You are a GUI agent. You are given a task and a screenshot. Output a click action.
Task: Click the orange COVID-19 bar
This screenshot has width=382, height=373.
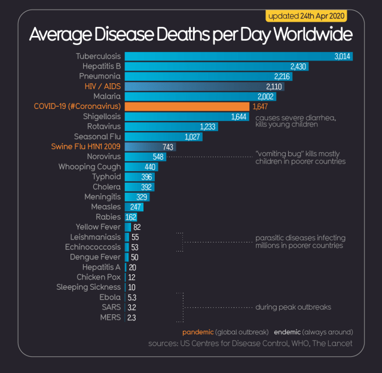pyautogui.click(x=187, y=107)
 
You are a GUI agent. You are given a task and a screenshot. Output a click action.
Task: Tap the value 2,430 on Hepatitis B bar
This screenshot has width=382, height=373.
pyautogui.click(x=298, y=66)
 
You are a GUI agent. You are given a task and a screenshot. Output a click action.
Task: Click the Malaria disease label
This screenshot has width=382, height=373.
pyautogui.click(x=107, y=96)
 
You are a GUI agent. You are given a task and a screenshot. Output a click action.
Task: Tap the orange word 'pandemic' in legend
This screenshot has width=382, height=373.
pyautogui.click(x=197, y=332)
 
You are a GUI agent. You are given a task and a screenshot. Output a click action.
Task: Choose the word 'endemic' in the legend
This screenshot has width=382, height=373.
pyautogui.click(x=287, y=332)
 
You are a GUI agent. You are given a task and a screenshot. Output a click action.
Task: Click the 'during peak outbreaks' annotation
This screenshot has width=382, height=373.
pyautogui.click(x=293, y=307)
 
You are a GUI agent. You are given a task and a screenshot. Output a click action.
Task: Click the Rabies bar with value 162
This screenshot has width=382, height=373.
pyautogui.click(x=131, y=217)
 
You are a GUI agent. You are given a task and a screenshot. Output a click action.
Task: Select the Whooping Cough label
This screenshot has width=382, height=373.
pyautogui.click(x=89, y=167)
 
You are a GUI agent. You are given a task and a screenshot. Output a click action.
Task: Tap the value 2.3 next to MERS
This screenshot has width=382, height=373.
pyautogui.click(x=132, y=317)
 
